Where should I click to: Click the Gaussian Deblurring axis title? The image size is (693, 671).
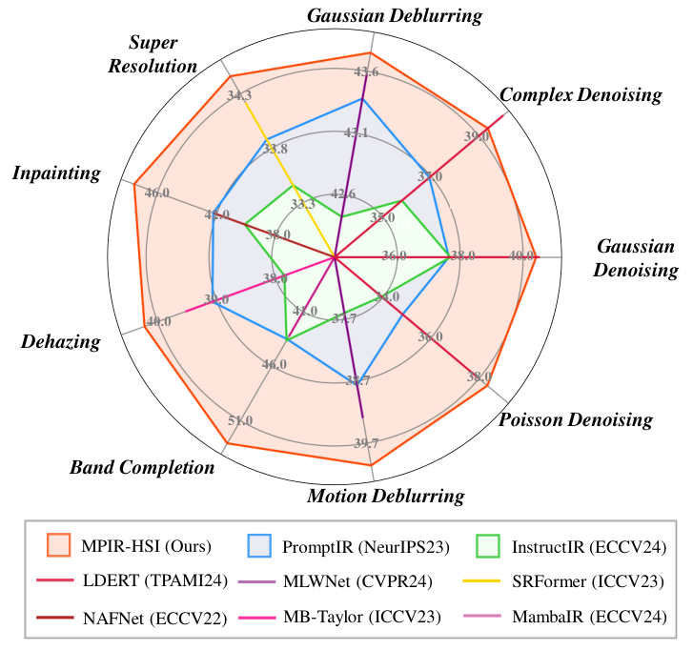[x=394, y=16]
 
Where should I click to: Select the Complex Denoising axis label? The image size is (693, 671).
[x=581, y=94]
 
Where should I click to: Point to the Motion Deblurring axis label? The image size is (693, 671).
[x=385, y=496]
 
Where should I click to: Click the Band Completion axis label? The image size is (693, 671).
[x=142, y=467]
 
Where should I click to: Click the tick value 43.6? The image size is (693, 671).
[x=366, y=71]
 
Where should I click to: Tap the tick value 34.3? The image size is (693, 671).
[x=239, y=95]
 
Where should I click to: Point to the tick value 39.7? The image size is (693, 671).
[x=366, y=443]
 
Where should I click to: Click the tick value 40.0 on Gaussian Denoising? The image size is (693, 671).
[x=521, y=255]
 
